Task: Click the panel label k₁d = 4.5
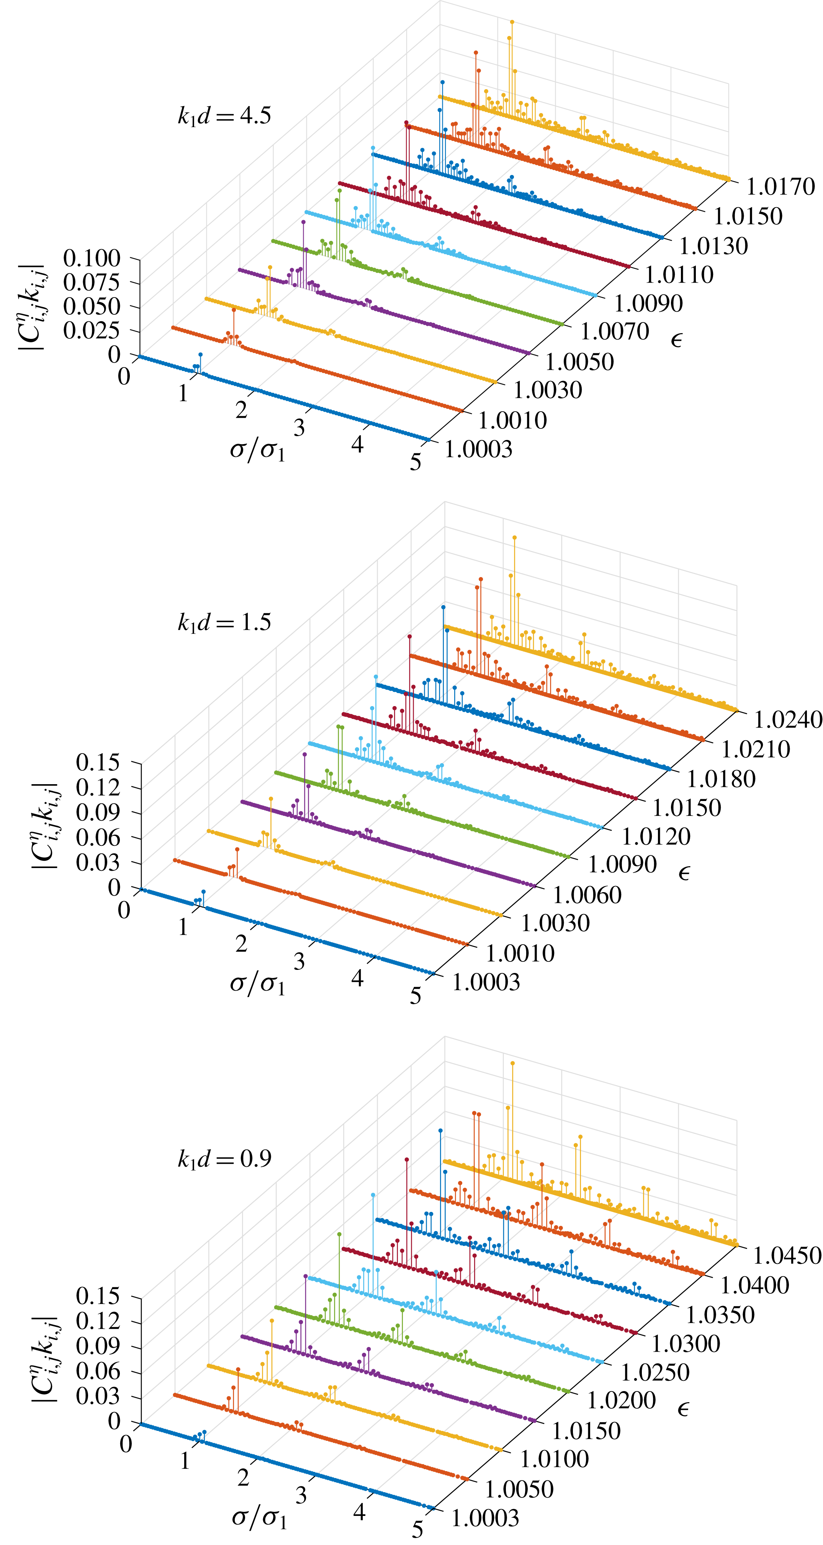224,115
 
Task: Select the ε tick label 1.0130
713,246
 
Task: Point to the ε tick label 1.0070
614,331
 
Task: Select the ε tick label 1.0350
720,1315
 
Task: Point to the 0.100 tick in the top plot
92,258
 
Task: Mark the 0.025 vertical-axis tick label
92,330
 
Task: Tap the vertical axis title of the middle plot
44,826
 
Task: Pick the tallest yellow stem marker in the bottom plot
512,1062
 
